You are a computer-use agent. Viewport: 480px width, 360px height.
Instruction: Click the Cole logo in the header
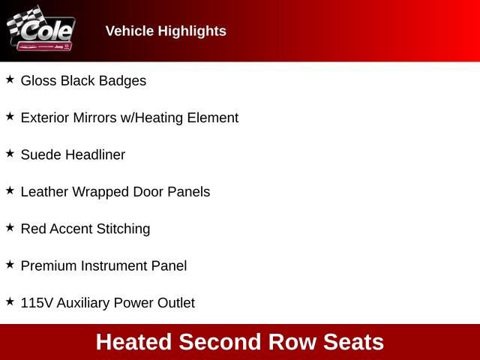(x=41, y=30)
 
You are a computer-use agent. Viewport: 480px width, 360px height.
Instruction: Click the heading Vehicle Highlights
(x=166, y=31)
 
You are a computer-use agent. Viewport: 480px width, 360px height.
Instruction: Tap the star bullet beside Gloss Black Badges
(x=10, y=79)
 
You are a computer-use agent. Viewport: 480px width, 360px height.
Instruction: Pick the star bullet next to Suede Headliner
(x=10, y=153)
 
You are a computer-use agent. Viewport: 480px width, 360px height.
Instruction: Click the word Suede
(x=41, y=154)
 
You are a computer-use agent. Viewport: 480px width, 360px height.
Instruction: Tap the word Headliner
(x=95, y=154)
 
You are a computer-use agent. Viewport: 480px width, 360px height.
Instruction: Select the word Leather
(x=43, y=191)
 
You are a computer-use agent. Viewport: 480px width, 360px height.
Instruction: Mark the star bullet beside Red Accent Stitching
(x=10, y=226)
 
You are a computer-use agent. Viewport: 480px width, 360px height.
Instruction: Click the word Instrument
(x=112, y=265)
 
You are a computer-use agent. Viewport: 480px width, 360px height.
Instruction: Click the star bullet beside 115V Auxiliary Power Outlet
(x=10, y=301)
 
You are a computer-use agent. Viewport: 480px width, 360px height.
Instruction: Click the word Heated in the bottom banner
(x=134, y=342)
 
